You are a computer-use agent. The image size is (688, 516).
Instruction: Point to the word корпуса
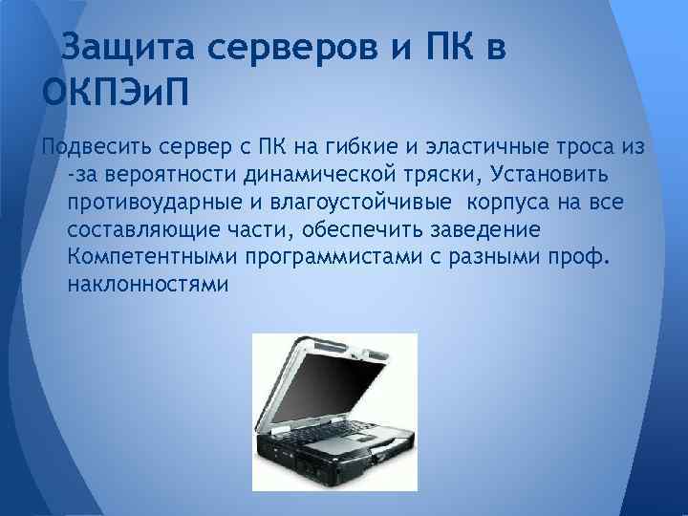coord(503,204)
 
